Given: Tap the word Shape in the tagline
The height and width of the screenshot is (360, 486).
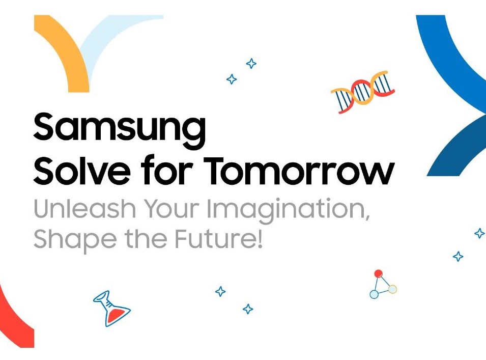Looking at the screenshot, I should [x=68, y=238].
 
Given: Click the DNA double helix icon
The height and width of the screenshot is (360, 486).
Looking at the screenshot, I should [x=363, y=92].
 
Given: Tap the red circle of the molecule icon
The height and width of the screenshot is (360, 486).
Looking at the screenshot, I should [x=378, y=274].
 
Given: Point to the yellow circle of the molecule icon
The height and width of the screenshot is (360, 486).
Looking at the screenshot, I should [x=392, y=289].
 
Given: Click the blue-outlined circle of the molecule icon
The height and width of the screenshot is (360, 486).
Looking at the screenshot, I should [x=374, y=294].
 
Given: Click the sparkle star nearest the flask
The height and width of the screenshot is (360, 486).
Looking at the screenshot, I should [x=220, y=291].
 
